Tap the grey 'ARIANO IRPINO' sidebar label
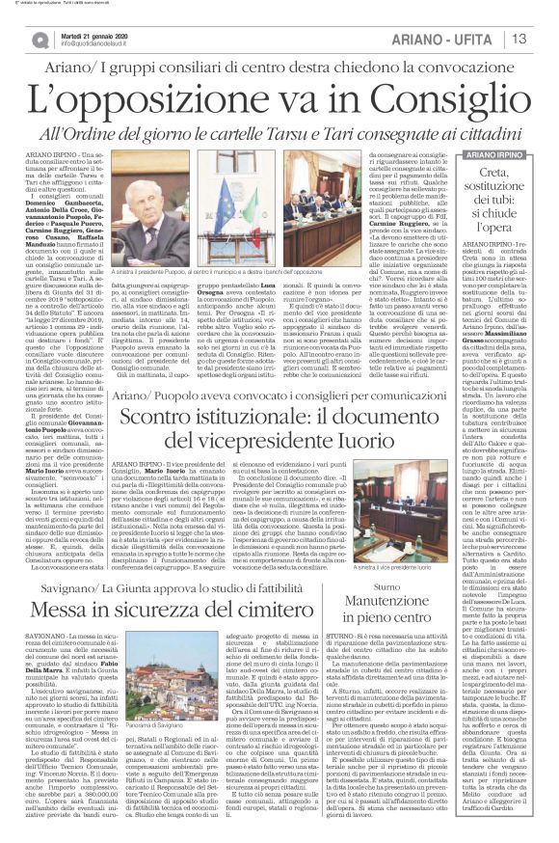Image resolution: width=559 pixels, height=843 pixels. click(496, 152)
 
